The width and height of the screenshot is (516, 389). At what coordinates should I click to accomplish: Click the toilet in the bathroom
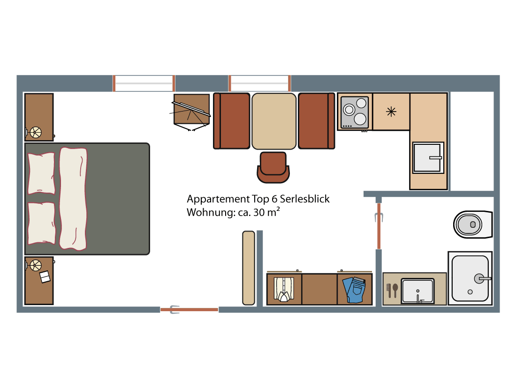(472, 224)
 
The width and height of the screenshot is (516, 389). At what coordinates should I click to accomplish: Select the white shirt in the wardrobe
(284, 289)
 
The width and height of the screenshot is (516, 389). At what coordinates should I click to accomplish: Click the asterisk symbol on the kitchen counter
(391, 112)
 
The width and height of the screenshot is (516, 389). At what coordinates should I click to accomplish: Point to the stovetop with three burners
(355, 112)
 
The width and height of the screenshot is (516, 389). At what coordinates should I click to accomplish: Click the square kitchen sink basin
(428, 158)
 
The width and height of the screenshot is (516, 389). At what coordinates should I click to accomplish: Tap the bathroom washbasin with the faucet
(417, 291)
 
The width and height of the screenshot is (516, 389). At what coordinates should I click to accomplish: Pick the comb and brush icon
(392, 291)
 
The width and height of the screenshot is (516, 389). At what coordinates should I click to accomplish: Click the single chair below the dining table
(273, 167)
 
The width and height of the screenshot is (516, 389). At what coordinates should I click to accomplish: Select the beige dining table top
(274, 121)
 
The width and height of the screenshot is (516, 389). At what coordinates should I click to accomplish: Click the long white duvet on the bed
(73, 199)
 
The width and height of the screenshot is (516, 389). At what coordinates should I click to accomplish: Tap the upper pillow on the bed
(41, 173)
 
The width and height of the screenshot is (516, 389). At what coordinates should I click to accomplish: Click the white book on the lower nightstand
(45, 277)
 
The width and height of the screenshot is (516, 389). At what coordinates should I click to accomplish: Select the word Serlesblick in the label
(305, 199)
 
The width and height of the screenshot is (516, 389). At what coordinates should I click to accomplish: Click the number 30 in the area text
(259, 212)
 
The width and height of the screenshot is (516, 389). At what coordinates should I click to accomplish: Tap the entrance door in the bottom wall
(189, 309)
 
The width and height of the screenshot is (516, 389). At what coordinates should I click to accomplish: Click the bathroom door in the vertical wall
(379, 226)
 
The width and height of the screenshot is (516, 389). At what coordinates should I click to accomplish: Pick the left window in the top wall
(144, 83)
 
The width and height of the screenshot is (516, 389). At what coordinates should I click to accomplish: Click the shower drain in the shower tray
(470, 292)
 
